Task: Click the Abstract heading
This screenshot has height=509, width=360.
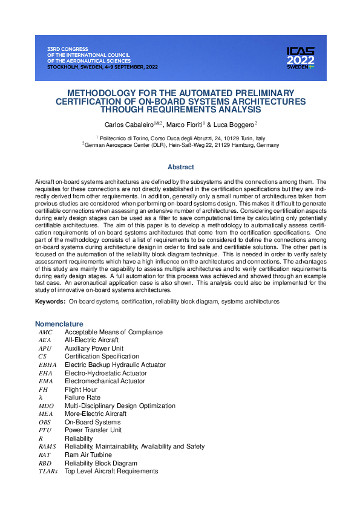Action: [x=180, y=167]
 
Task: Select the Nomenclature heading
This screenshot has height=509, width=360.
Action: [x=59, y=323]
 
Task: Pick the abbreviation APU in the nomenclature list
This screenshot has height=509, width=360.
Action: [x=45, y=349]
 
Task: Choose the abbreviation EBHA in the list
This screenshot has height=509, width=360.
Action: [x=48, y=365]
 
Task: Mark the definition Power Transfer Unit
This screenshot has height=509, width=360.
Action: [x=93, y=430]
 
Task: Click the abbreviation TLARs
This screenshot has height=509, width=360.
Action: [x=48, y=471]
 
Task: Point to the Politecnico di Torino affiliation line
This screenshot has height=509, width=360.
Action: [x=180, y=138]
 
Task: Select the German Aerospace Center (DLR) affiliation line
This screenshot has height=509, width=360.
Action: [x=180, y=145]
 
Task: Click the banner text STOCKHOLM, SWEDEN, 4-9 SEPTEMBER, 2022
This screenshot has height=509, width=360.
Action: [x=102, y=67]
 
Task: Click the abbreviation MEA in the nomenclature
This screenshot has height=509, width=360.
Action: [x=46, y=413]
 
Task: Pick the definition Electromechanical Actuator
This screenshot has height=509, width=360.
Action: [x=105, y=381]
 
